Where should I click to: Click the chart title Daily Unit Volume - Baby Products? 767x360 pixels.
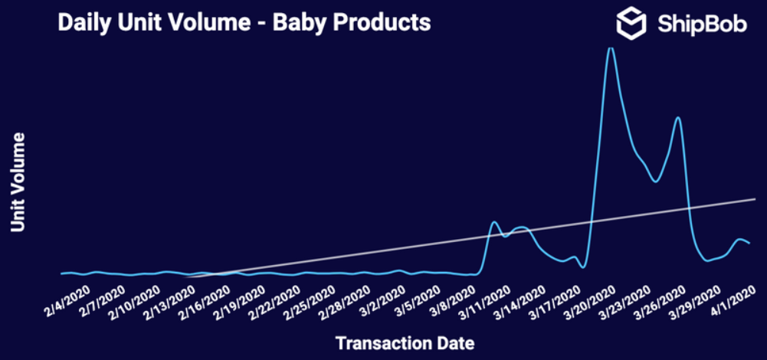coord(244,23)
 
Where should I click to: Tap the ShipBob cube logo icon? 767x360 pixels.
coord(631,23)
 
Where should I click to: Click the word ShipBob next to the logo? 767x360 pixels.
coord(702,24)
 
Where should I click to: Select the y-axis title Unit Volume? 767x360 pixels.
coord(18,182)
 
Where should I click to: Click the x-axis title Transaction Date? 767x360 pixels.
coord(405,343)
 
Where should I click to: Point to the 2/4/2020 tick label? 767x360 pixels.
coord(70,301)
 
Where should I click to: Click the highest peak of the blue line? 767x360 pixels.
coord(610,48)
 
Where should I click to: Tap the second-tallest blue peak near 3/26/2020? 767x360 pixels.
coord(677,117)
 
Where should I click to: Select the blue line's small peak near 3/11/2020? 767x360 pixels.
coord(494,222)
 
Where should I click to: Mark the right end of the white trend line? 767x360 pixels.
coord(756,199)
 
